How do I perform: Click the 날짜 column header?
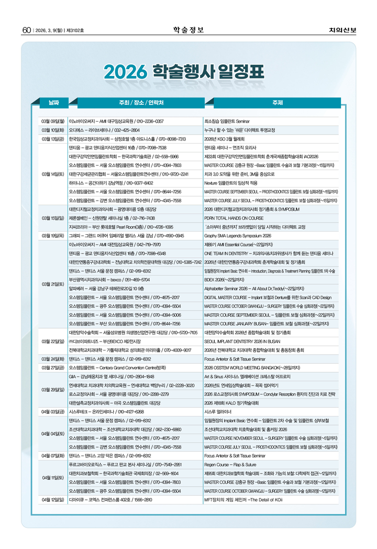53,102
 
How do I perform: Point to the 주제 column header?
278,102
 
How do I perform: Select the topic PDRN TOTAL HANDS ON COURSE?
234,218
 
